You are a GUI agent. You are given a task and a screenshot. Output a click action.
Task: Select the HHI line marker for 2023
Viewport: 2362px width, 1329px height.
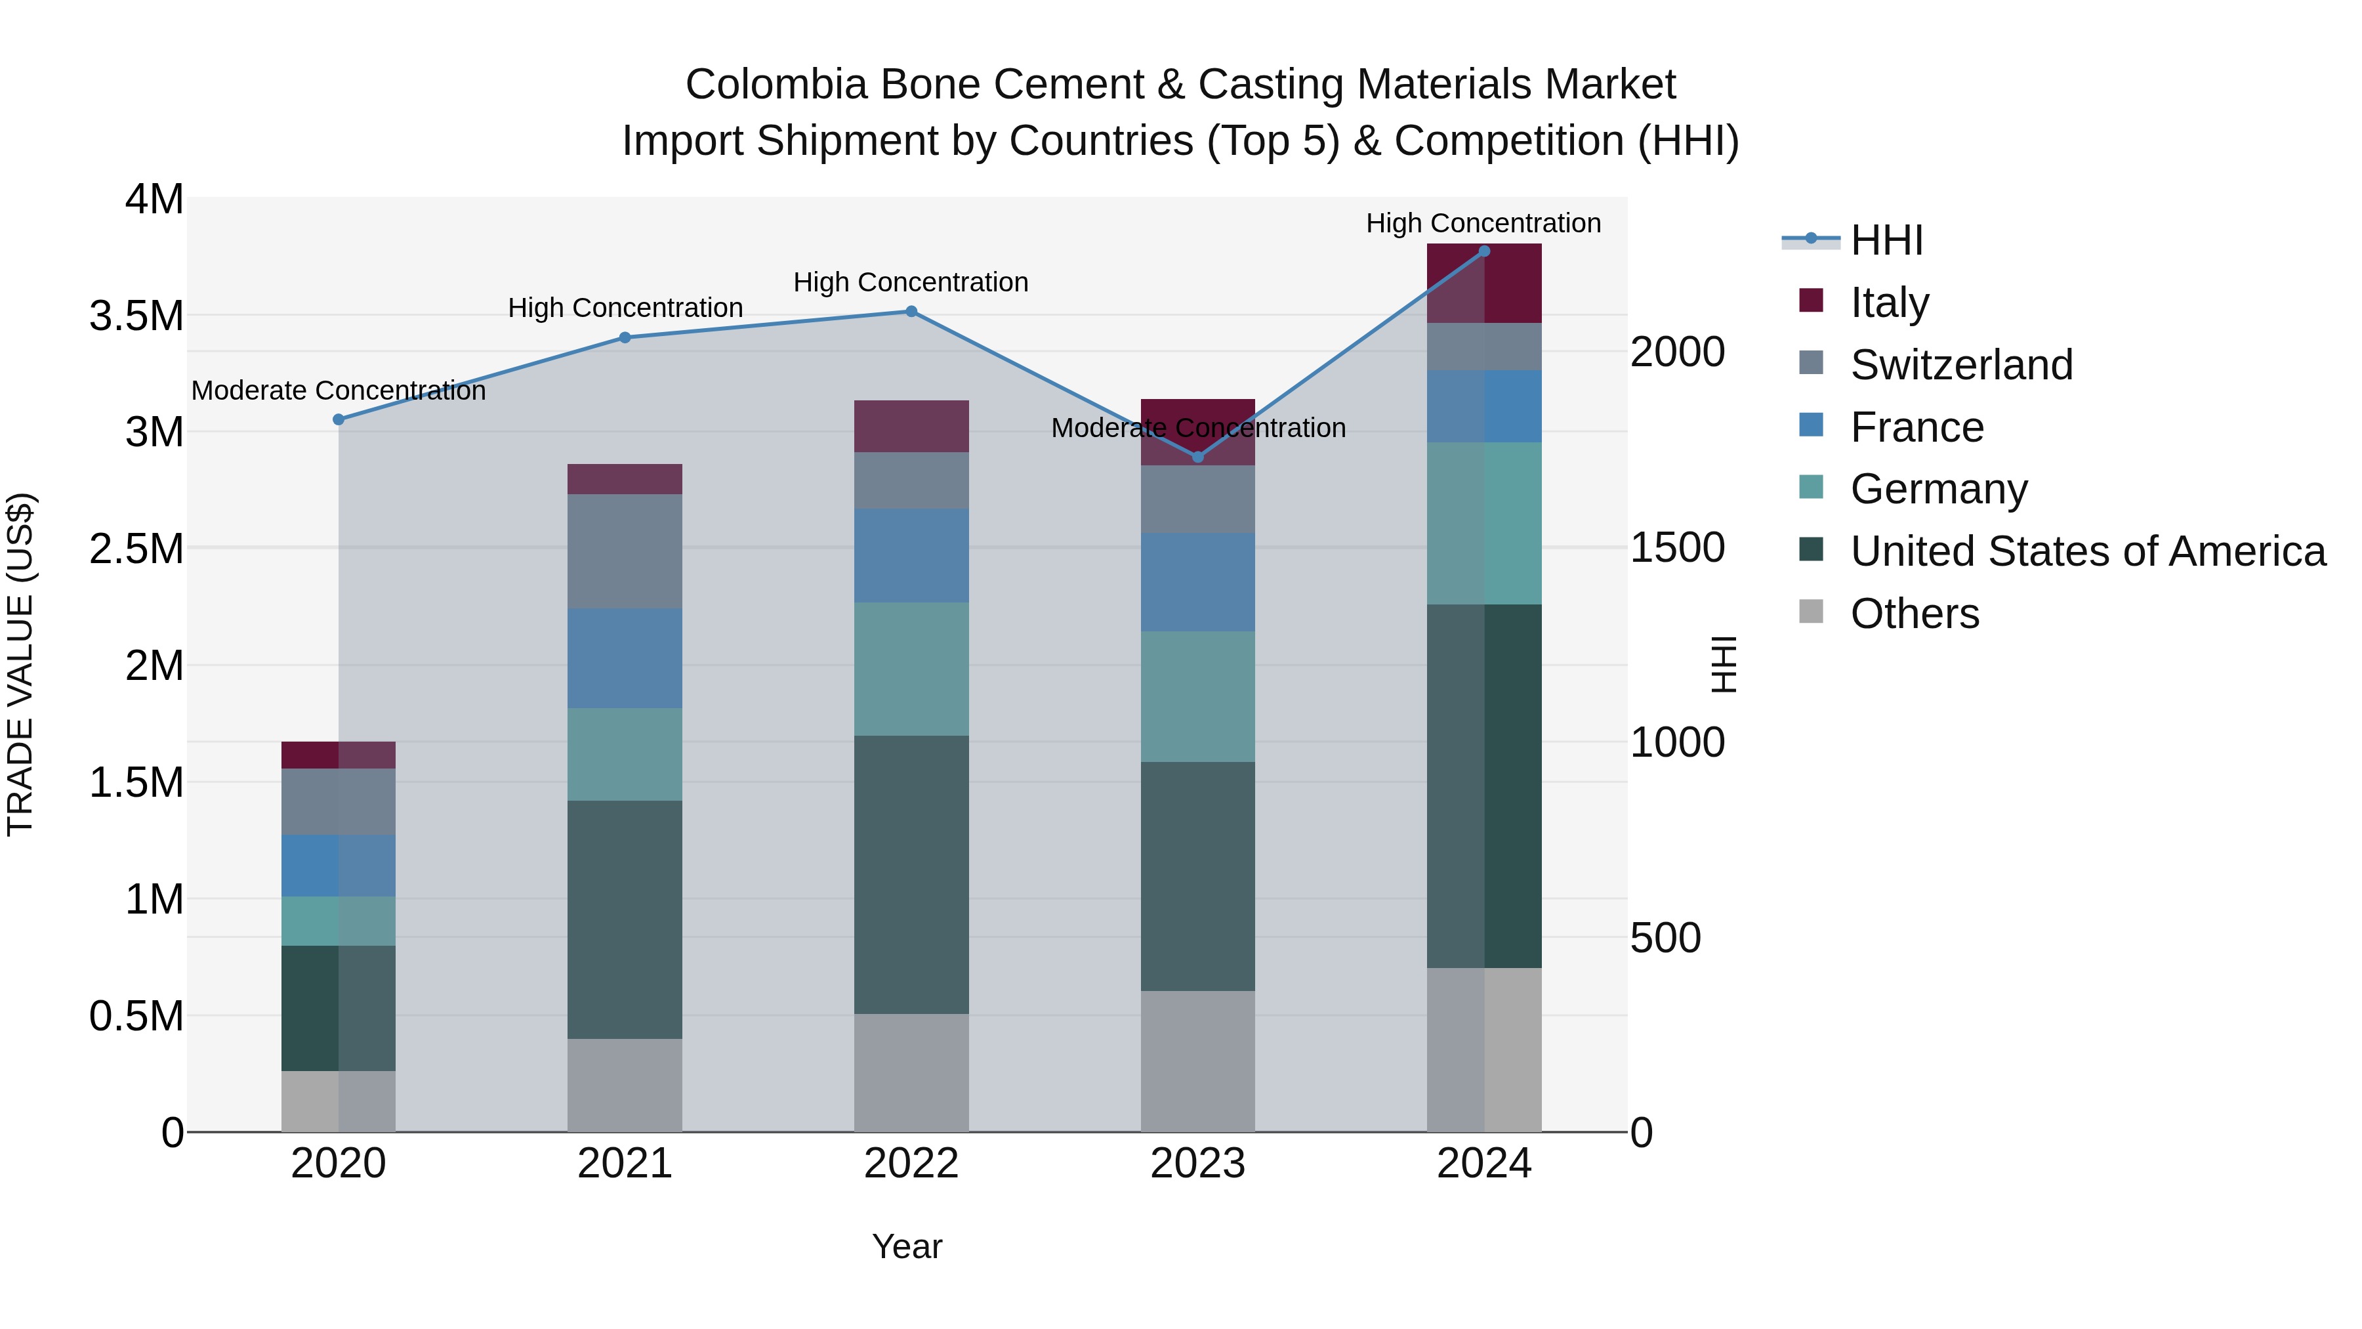coord(1197,457)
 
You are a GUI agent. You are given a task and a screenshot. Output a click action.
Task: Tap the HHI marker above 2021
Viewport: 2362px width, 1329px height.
coord(625,337)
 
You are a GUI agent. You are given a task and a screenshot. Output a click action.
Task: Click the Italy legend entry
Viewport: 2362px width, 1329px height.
coord(1889,303)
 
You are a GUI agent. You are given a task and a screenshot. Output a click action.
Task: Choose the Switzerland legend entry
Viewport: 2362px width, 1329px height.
coord(1960,365)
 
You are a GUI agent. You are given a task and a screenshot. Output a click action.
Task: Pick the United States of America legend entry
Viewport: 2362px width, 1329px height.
coord(2087,551)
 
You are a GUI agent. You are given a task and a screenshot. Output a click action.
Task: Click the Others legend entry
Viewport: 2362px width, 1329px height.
coord(1915,614)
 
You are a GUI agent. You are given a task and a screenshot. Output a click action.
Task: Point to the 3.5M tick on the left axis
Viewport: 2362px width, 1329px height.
coord(136,316)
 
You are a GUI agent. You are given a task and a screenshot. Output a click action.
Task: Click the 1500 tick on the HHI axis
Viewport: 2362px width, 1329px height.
coord(1677,547)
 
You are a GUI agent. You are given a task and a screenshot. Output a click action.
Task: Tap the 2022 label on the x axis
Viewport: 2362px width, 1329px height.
coord(911,1164)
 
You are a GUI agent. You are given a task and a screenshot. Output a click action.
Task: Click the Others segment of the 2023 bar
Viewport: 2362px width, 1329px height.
coord(1197,1061)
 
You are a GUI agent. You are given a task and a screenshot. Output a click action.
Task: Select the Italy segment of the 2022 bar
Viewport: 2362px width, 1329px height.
coord(911,427)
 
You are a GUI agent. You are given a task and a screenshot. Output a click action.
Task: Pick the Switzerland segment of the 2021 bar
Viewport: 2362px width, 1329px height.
coord(625,551)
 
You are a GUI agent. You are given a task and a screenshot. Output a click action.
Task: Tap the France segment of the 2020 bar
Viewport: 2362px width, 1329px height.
coord(339,866)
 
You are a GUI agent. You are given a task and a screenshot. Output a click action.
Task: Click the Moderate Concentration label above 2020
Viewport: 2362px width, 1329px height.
coord(339,390)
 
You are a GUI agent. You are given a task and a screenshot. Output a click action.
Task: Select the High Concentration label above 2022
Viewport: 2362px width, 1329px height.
coord(911,282)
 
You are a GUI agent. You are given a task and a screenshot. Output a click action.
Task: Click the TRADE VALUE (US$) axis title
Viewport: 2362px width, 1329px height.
coord(20,664)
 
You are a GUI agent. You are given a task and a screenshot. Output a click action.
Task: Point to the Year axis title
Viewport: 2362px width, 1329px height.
coord(907,1246)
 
